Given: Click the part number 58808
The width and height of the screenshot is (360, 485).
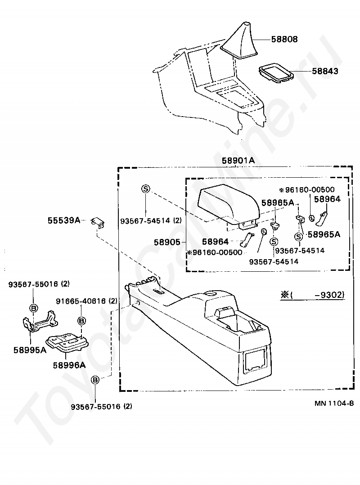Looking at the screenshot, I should coord(284,40).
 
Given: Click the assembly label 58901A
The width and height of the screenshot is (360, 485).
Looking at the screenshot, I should coord(238,161).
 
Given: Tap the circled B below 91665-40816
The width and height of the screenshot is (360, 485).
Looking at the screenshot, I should coord(81,321).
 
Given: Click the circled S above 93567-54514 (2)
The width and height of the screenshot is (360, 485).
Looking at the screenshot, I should coord(146,189).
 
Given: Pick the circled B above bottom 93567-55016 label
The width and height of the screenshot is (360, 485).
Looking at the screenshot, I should coord(95,380).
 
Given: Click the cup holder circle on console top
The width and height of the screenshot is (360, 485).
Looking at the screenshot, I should coord(209,294).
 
